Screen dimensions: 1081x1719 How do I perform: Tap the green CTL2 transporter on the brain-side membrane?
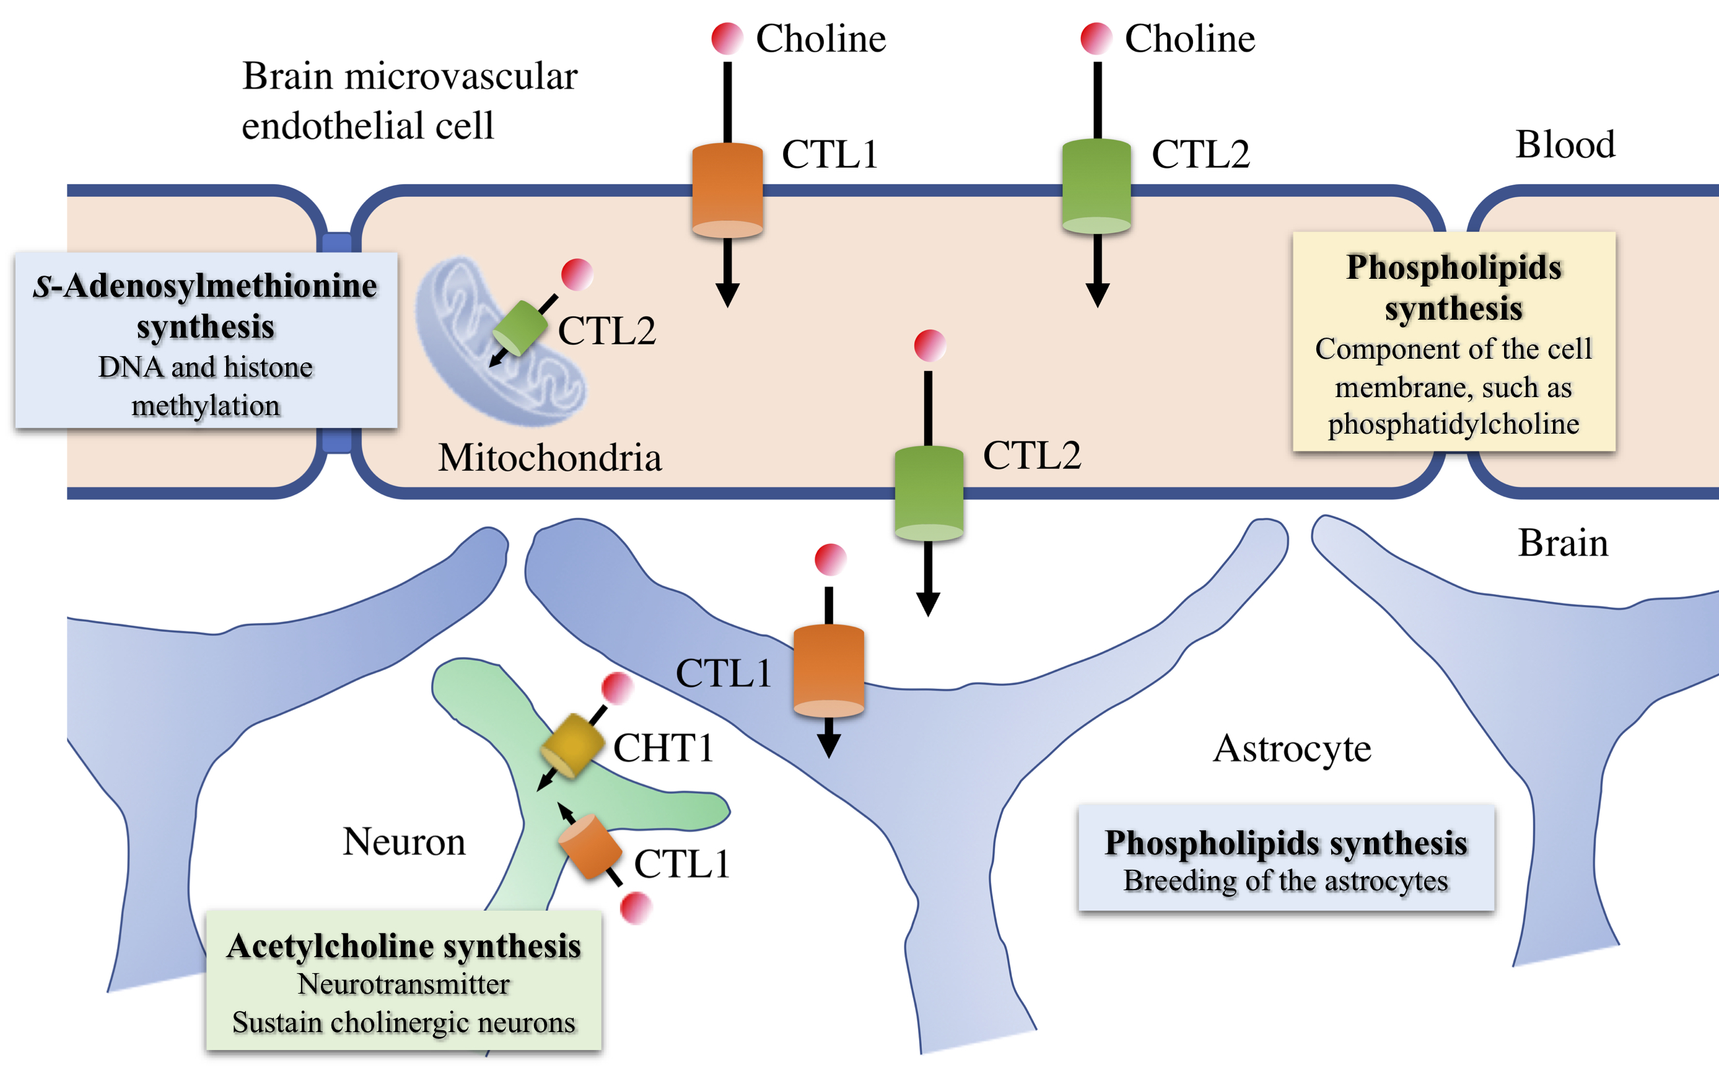pyautogui.click(x=929, y=493)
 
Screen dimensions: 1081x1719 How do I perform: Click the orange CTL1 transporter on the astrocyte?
pyautogui.click(x=829, y=671)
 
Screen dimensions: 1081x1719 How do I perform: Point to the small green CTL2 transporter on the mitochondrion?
pyautogui.click(x=520, y=328)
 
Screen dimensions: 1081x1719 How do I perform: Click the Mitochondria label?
pyautogui.click(x=549, y=458)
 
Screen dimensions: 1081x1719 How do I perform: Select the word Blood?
pyautogui.click(x=1565, y=144)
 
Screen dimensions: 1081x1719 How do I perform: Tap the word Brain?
pyautogui.click(x=1563, y=543)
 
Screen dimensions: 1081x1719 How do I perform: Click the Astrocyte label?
pyautogui.click(x=1292, y=749)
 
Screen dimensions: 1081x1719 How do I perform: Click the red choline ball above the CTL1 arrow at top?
pyautogui.click(x=727, y=38)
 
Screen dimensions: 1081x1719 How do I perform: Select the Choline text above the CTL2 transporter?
pyautogui.click(x=1189, y=38)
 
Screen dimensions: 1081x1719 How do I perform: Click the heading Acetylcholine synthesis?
pyautogui.click(x=404, y=946)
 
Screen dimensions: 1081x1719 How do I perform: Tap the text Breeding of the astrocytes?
pyautogui.click(x=1285, y=881)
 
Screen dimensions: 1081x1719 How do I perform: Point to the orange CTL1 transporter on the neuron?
pyautogui.click(x=590, y=847)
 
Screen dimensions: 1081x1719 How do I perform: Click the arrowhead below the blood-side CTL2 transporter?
pyautogui.click(x=1097, y=295)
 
